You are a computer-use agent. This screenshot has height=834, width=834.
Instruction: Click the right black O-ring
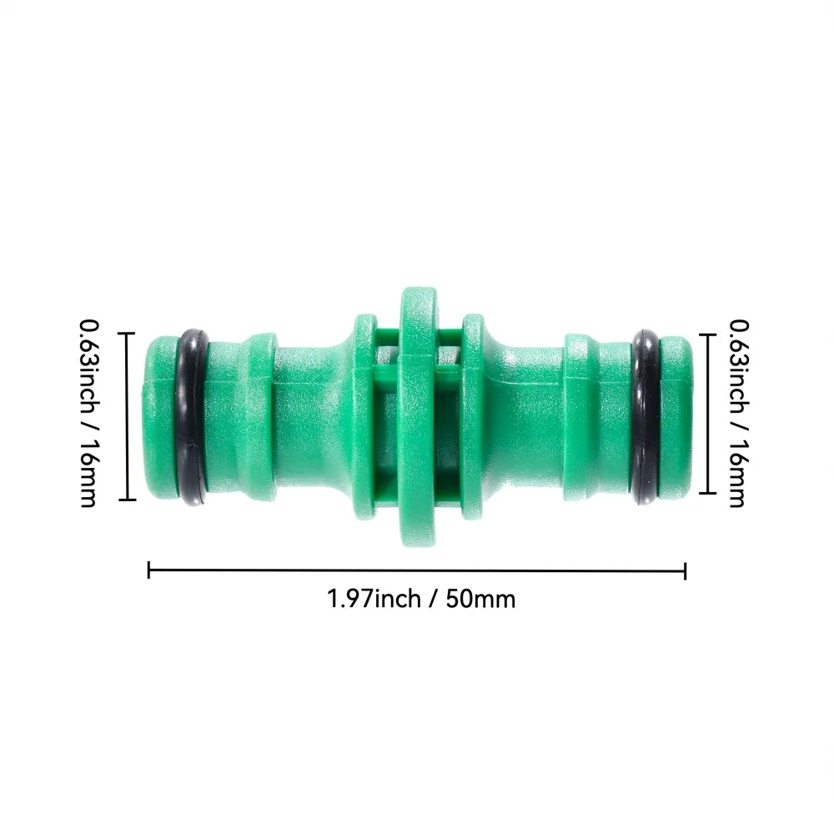coord(646,417)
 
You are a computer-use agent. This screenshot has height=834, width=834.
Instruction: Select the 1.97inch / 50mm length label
coord(421,598)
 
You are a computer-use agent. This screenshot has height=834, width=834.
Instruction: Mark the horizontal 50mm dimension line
coord(417,570)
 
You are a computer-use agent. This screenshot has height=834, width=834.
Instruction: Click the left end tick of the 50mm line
coord(148,570)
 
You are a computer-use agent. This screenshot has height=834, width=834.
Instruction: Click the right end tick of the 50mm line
coord(685,570)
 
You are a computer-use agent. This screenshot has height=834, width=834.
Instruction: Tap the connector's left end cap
coord(158,417)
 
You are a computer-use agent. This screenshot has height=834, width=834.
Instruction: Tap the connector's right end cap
coord(676,417)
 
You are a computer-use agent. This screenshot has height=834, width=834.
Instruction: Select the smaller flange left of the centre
coord(363,417)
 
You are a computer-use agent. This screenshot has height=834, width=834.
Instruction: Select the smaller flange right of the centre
coord(472,417)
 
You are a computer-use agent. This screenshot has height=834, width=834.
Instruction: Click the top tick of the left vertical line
coord(128,333)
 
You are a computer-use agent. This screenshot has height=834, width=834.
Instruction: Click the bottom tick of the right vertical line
coord(708,493)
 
